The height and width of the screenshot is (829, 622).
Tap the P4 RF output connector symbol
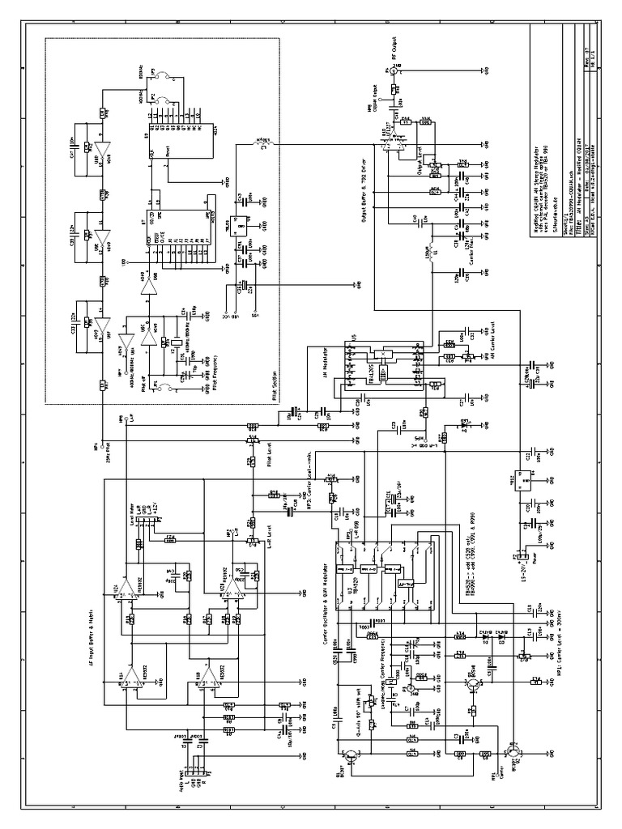394,70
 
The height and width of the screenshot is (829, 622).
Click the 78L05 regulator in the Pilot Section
240,227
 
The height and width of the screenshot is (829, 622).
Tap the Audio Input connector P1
189,771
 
